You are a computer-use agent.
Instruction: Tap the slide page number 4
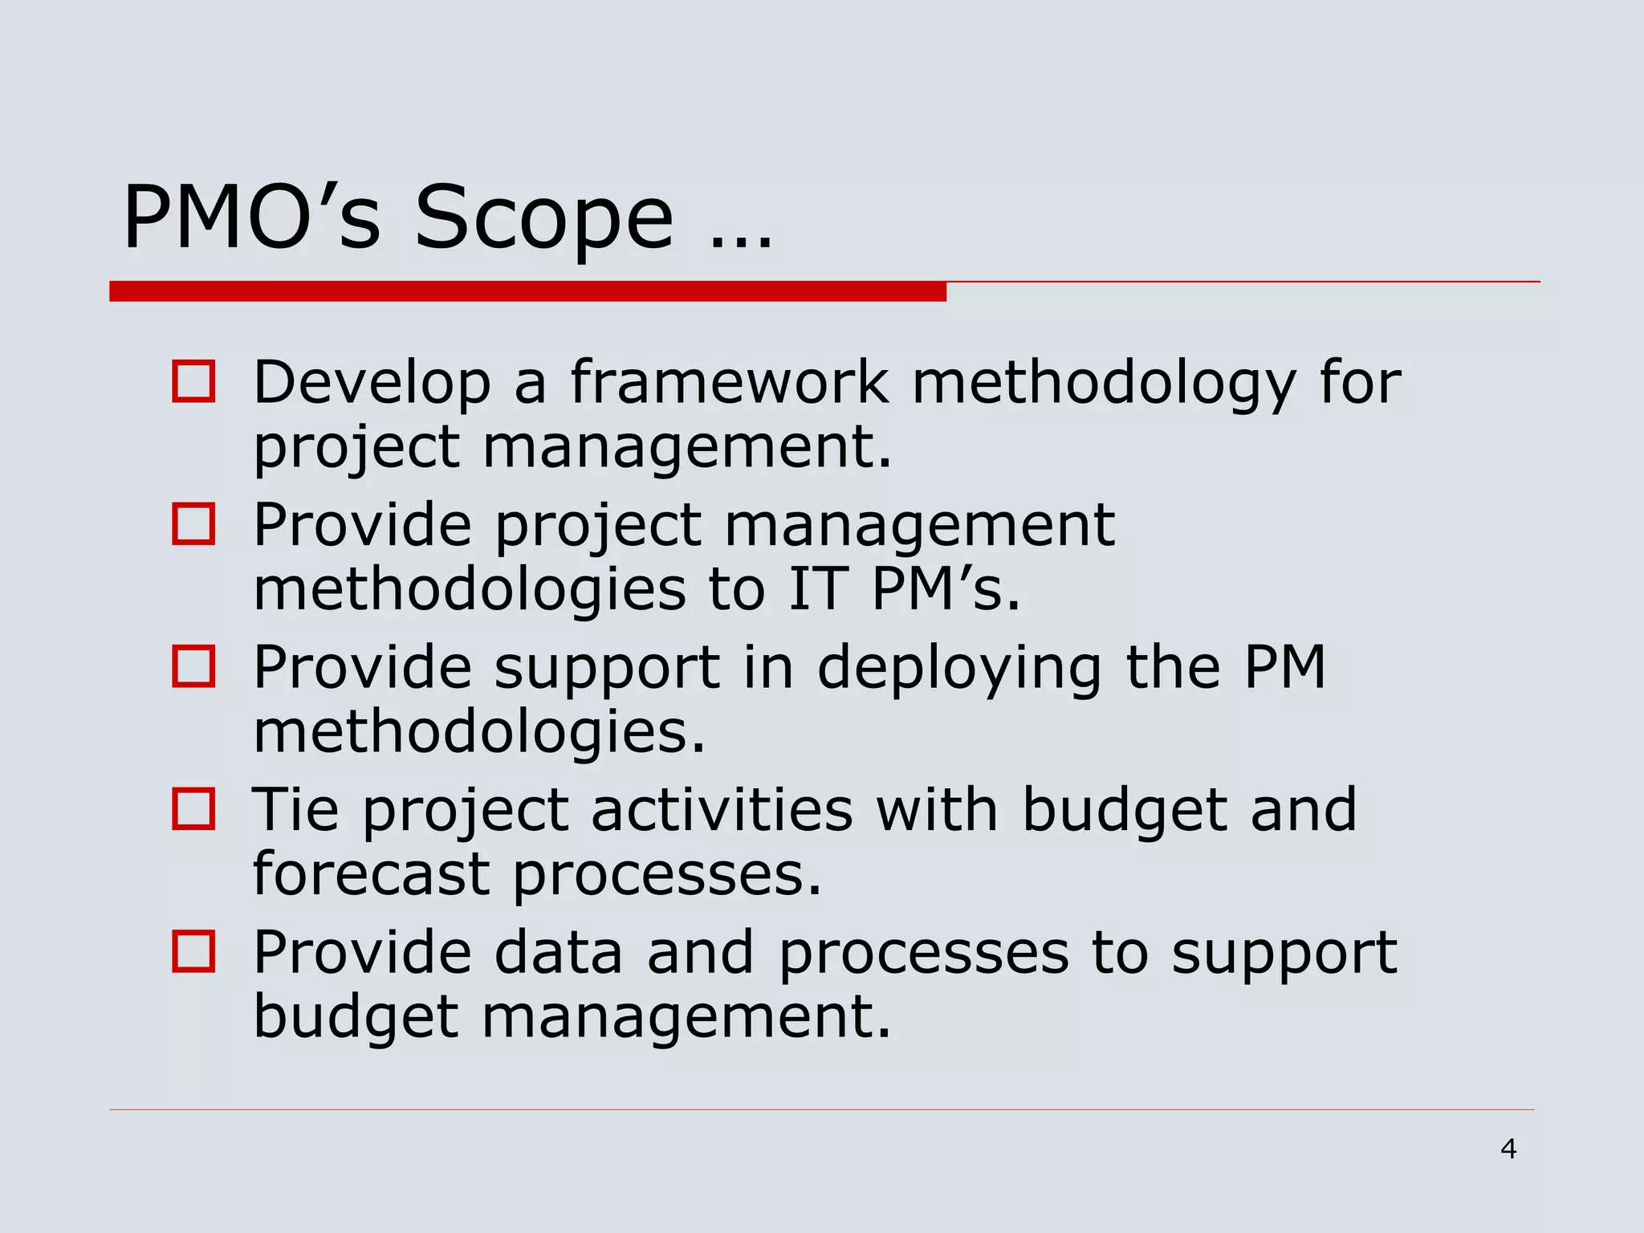(x=1508, y=1150)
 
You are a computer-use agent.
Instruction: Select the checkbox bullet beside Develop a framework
(x=193, y=381)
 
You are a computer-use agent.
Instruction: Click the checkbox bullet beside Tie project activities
(x=193, y=808)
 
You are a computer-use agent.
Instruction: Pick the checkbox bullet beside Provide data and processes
(x=193, y=951)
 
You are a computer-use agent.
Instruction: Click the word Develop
(x=372, y=384)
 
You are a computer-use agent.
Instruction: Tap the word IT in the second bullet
(x=818, y=590)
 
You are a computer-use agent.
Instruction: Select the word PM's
(x=946, y=590)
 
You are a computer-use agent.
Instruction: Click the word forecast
(x=371, y=873)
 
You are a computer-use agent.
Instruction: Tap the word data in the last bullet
(x=558, y=953)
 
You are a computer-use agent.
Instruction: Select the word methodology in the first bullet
(x=1104, y=384)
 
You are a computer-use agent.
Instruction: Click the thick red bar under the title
(x=527, y=291)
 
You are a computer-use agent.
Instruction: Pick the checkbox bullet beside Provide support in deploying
(x=193, y=666)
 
